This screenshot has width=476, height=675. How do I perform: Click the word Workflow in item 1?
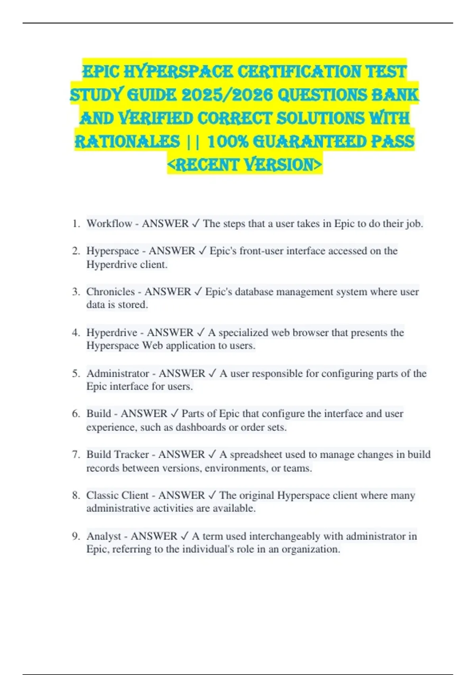pyautogui.click(x=109, y=224)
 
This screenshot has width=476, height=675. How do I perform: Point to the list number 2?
pyautogui.click(x=76, y=251)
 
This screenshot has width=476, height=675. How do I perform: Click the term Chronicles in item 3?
pyautogui.click(x=111, y=292)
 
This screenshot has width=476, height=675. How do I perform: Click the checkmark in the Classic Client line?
pyautogui.click(x=212, y=495)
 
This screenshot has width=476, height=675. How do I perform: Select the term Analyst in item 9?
pyautogui.click(x=104, y=536)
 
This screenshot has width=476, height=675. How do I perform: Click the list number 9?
pyautogui.click(x=76, y=536)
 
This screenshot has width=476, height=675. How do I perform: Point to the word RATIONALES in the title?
pyautogui.click(x=127, y=141)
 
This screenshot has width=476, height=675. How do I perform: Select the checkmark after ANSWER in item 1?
pyautogui.click(x=196, y=224)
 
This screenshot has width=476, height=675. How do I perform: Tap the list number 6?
pyautogui.click(x=76, y=414)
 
